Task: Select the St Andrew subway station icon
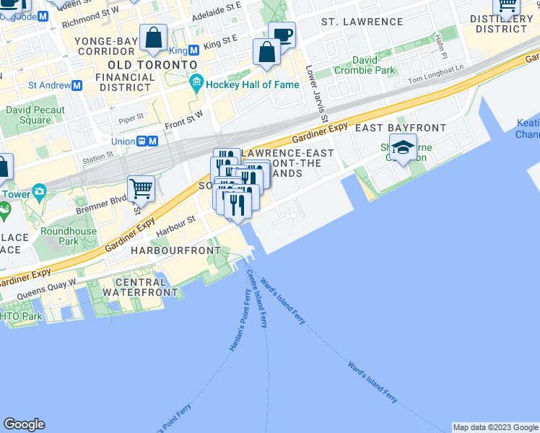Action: (77, 85)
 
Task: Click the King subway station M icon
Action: (193, 51)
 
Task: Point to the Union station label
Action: (123, 141)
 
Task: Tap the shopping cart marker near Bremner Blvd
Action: (141, 188)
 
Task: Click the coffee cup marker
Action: (282, 34)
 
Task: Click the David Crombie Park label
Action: (365, 71)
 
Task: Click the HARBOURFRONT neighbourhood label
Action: (175, 250)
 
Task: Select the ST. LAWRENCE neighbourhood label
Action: (362, 22)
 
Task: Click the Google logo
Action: (24, 424)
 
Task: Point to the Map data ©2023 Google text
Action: (495, 427)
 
